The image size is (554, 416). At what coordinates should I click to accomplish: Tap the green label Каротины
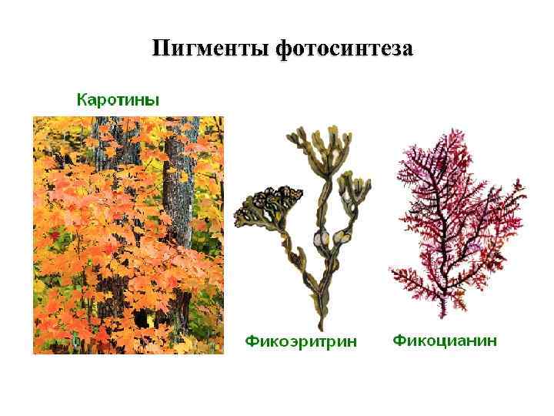pos(118,99)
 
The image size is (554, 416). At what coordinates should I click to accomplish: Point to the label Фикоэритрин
pos(301,341)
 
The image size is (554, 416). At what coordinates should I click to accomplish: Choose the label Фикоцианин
pos(445,339)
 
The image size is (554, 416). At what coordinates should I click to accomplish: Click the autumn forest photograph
pos(128,235)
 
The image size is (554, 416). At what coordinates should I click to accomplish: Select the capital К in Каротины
pos(81,99)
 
